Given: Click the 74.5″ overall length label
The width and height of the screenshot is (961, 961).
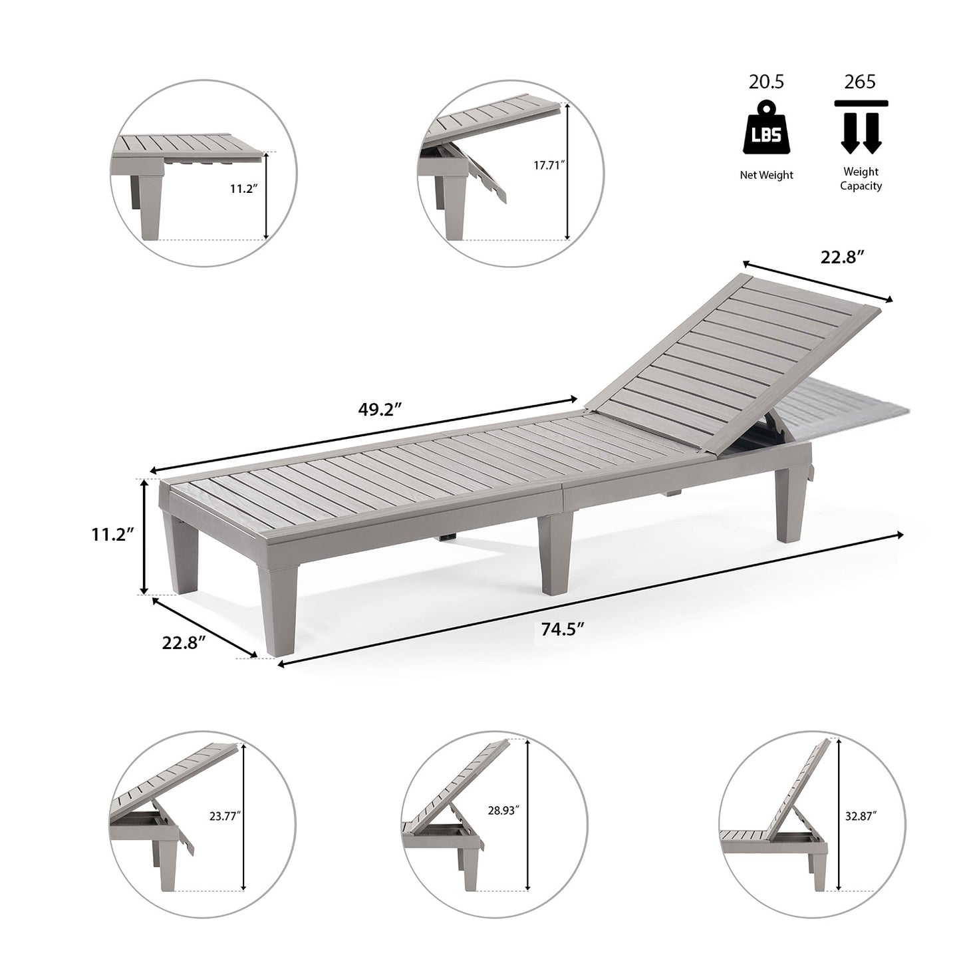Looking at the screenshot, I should tap(562, 629).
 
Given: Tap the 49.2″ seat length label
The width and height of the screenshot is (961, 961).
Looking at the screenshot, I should tap(380, 409).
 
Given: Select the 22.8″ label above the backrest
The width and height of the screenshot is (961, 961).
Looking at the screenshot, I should tap(841, 257).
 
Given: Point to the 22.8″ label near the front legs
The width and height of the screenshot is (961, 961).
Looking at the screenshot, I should tap(184, 642).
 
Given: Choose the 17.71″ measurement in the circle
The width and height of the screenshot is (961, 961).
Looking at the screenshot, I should tap(549, 166).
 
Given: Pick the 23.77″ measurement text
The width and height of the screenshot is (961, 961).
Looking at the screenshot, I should tap(225, 816).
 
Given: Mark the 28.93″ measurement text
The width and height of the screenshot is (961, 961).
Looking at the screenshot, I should tap(503, 810).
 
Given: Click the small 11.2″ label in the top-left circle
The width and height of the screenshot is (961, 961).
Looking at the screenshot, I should tap(244, 189).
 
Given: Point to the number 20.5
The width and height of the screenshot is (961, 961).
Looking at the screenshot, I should tap(767, 82).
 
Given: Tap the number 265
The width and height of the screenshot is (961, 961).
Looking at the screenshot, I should tap(860, 82).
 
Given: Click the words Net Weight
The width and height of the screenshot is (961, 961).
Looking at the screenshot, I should tap(767, 175).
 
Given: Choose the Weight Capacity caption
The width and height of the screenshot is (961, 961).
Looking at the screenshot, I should tap(861, 179).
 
